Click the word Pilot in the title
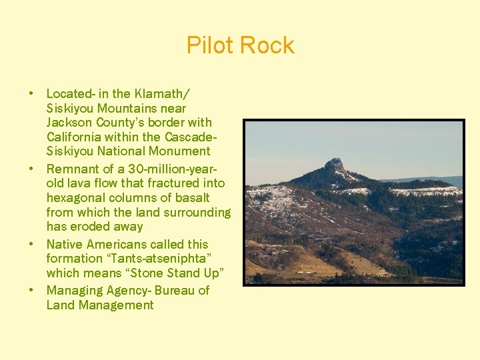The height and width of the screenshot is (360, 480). tap(210, 45)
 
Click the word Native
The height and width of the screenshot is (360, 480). tap(65, 245)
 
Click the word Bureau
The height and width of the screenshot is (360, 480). tap(175, 291)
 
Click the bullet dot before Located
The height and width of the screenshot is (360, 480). tap(31, 94)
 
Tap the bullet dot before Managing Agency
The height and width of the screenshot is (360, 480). tap(31, 291)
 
